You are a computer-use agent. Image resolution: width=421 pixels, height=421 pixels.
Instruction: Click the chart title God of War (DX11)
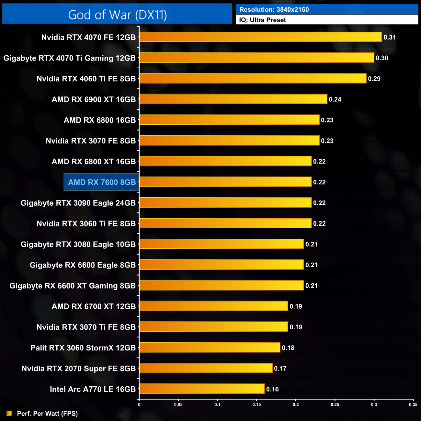[x=117, y=15]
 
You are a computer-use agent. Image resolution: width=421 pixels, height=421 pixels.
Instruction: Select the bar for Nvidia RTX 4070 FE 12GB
[x=261, y=37]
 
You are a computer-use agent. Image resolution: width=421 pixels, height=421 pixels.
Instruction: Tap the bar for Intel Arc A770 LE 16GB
[x=202, y=389]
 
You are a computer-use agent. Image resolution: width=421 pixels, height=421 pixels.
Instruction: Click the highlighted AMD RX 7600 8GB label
[x=102, y=182]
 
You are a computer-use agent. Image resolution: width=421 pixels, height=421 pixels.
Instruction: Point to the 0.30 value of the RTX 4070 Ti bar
[x=382, y=58]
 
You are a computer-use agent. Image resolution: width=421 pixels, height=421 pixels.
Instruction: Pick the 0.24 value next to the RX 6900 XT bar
[x=335, y=99]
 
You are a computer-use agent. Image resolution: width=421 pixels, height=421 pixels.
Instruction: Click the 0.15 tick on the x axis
[x=256, y=404]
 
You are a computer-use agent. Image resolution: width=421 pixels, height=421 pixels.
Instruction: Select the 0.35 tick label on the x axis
[x=413, y=404]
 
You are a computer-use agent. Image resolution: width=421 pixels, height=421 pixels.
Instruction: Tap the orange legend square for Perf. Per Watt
[x=9, y=413]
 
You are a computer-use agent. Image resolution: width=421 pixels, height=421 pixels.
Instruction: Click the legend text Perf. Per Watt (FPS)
[x=47, y=414]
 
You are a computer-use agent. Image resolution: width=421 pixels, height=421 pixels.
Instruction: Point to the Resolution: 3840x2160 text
[x=274, y=10]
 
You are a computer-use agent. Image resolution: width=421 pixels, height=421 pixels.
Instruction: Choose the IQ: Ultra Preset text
[x=262, y=20]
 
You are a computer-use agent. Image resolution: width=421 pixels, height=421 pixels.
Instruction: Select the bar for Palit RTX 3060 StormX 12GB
[x=210, y=347]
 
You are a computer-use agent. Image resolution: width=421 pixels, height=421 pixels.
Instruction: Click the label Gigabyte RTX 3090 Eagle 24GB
[x=78, y=203]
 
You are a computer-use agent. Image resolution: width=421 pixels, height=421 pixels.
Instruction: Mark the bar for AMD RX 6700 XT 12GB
[x=214, y=306]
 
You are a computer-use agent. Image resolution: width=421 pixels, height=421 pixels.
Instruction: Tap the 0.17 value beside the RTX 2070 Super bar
[x=280, y=369]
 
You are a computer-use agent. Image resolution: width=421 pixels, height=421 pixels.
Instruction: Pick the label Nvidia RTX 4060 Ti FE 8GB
[x=86, y=79]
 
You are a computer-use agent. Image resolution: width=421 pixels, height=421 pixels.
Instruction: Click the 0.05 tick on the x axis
[x=178, y=404]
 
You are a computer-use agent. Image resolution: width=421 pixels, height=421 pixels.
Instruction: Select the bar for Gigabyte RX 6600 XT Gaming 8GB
[x=222, y=285]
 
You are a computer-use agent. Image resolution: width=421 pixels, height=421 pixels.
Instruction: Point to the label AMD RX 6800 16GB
[x=100, y=120]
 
